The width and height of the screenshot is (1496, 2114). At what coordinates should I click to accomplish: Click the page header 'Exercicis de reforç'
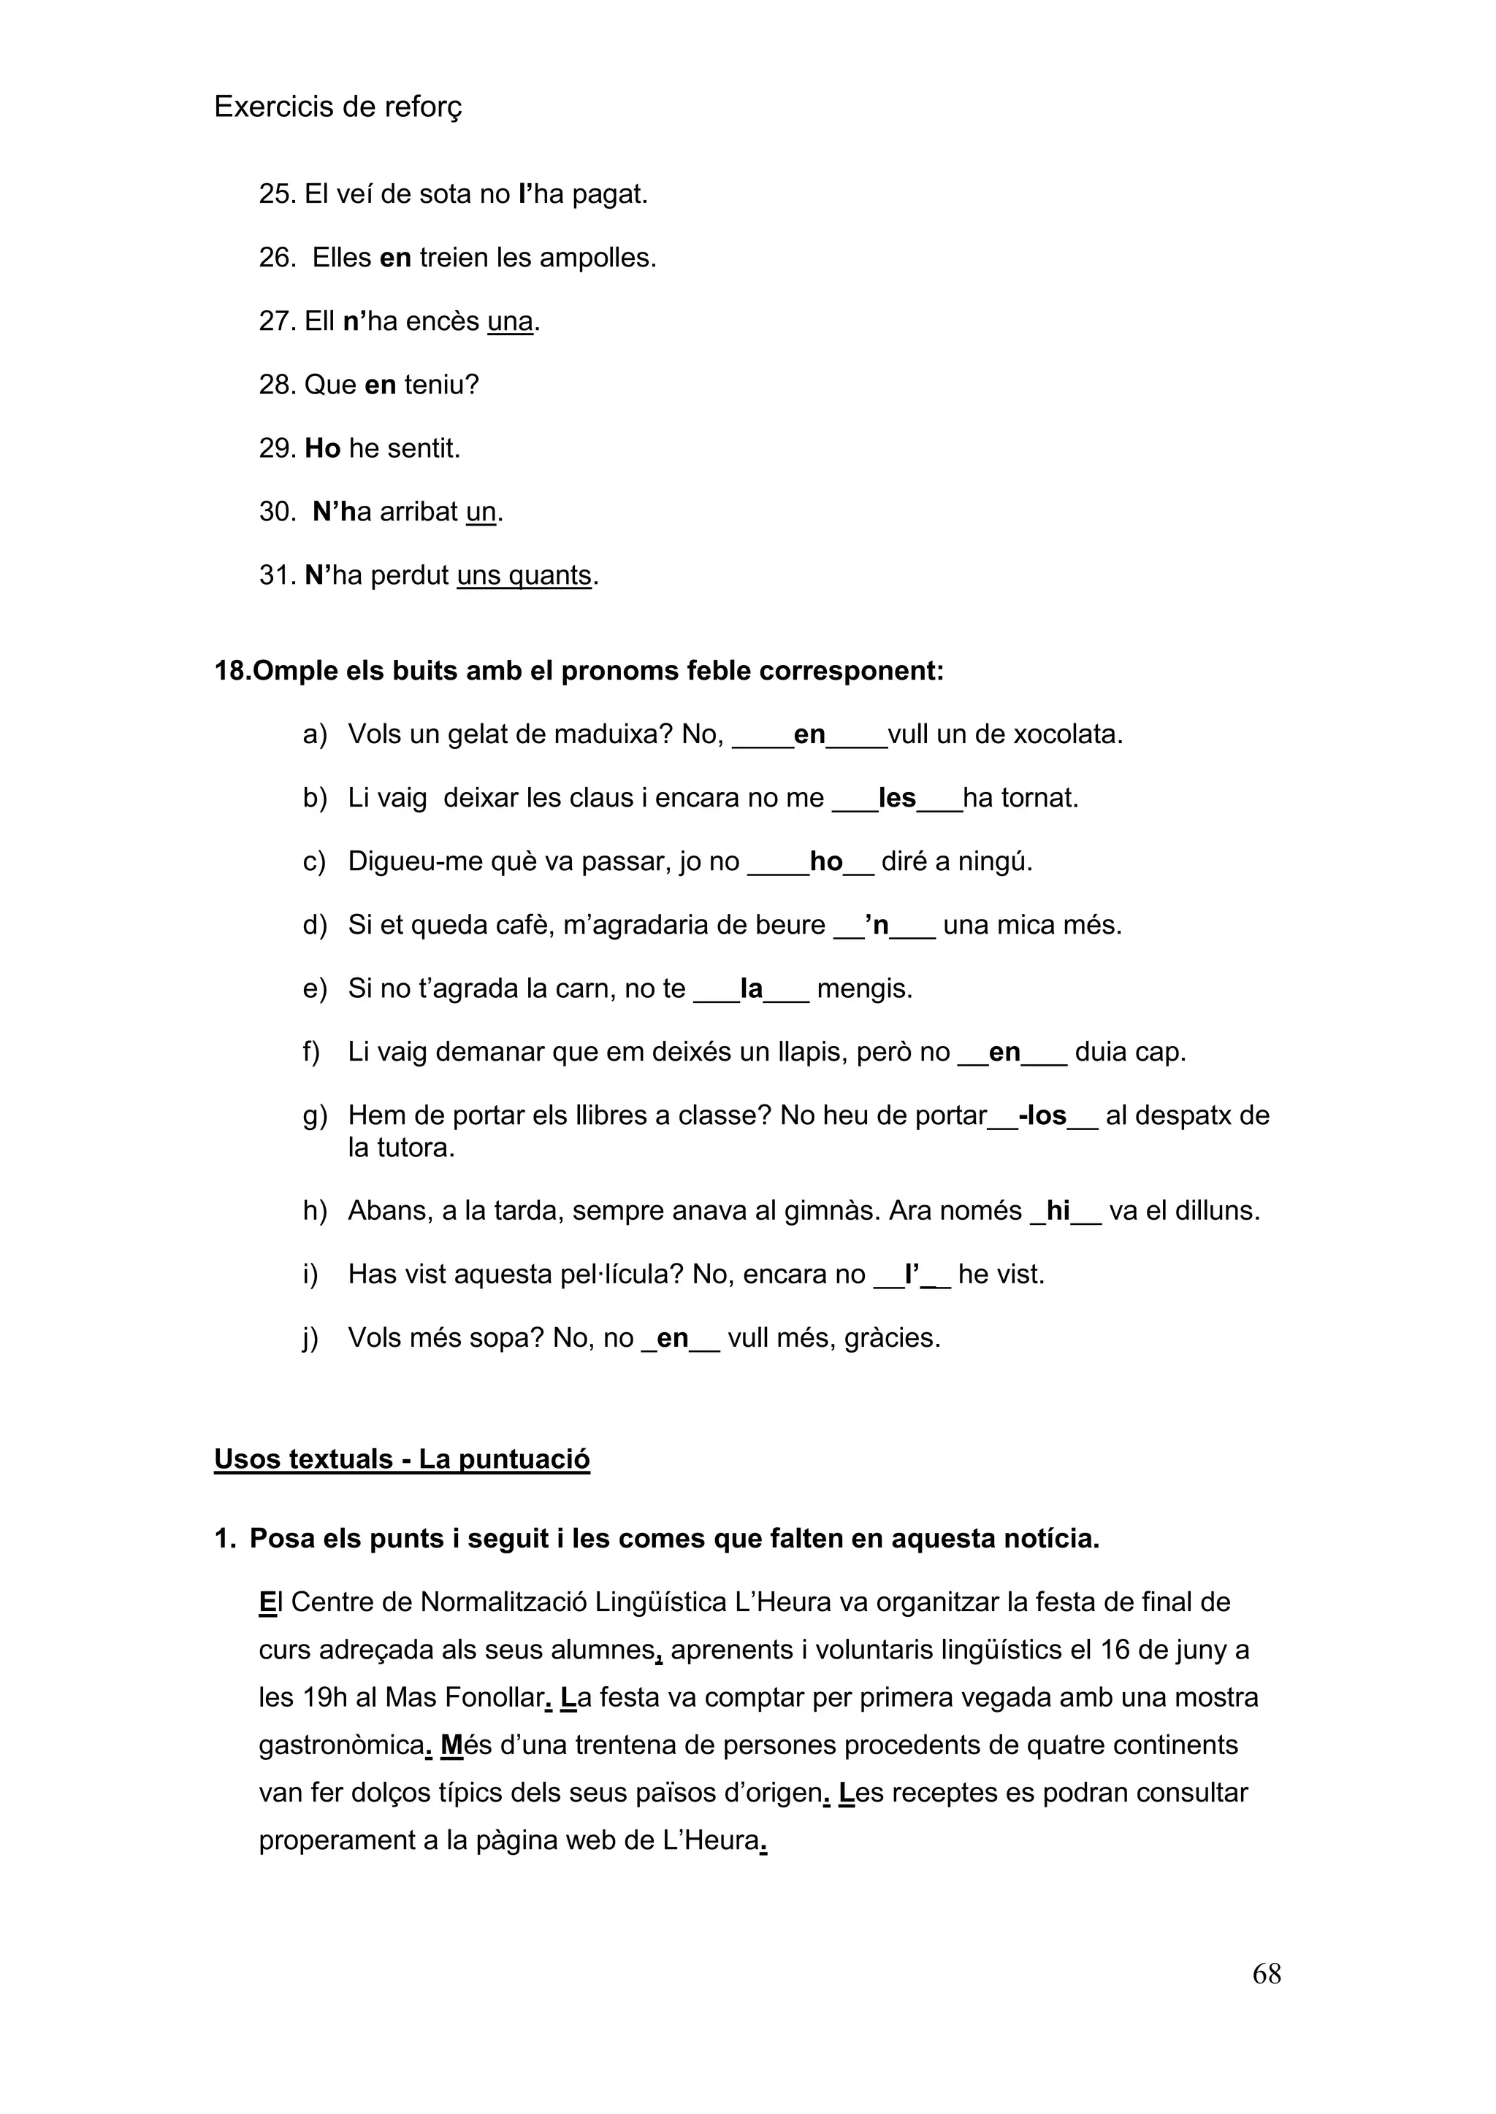coord(337,108)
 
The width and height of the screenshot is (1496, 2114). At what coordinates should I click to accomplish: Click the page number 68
coord(1267,1973)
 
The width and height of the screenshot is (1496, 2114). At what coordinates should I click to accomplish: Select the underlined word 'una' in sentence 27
coord(511,321)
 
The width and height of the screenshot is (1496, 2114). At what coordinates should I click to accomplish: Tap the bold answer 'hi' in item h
coord(1058,1211)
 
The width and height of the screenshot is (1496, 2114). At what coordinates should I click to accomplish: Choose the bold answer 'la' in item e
coord(752,989)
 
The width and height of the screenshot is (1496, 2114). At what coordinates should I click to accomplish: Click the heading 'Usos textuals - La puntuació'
coord(402,1459)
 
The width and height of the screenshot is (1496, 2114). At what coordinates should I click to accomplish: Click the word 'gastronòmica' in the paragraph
coord(341,1745)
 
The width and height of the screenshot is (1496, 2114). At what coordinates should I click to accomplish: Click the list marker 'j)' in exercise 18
coord(310,1338)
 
